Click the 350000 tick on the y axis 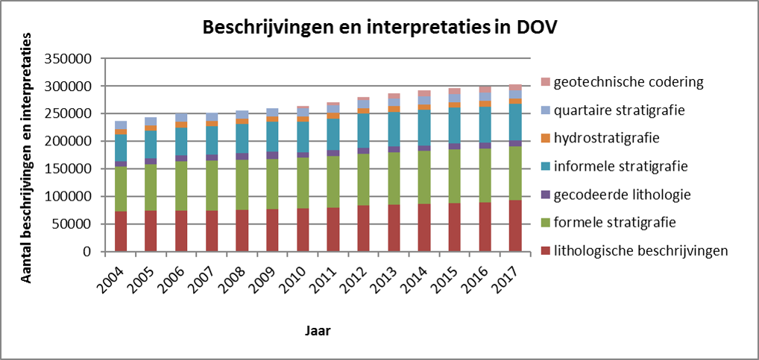click(69, 59)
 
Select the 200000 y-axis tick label click(69, 142)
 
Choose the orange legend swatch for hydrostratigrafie click(547, 138)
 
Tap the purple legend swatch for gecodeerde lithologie click(547, 195)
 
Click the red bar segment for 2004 click(121, 231)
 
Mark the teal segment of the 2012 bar click(364, 130)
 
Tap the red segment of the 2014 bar click(424, 227)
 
